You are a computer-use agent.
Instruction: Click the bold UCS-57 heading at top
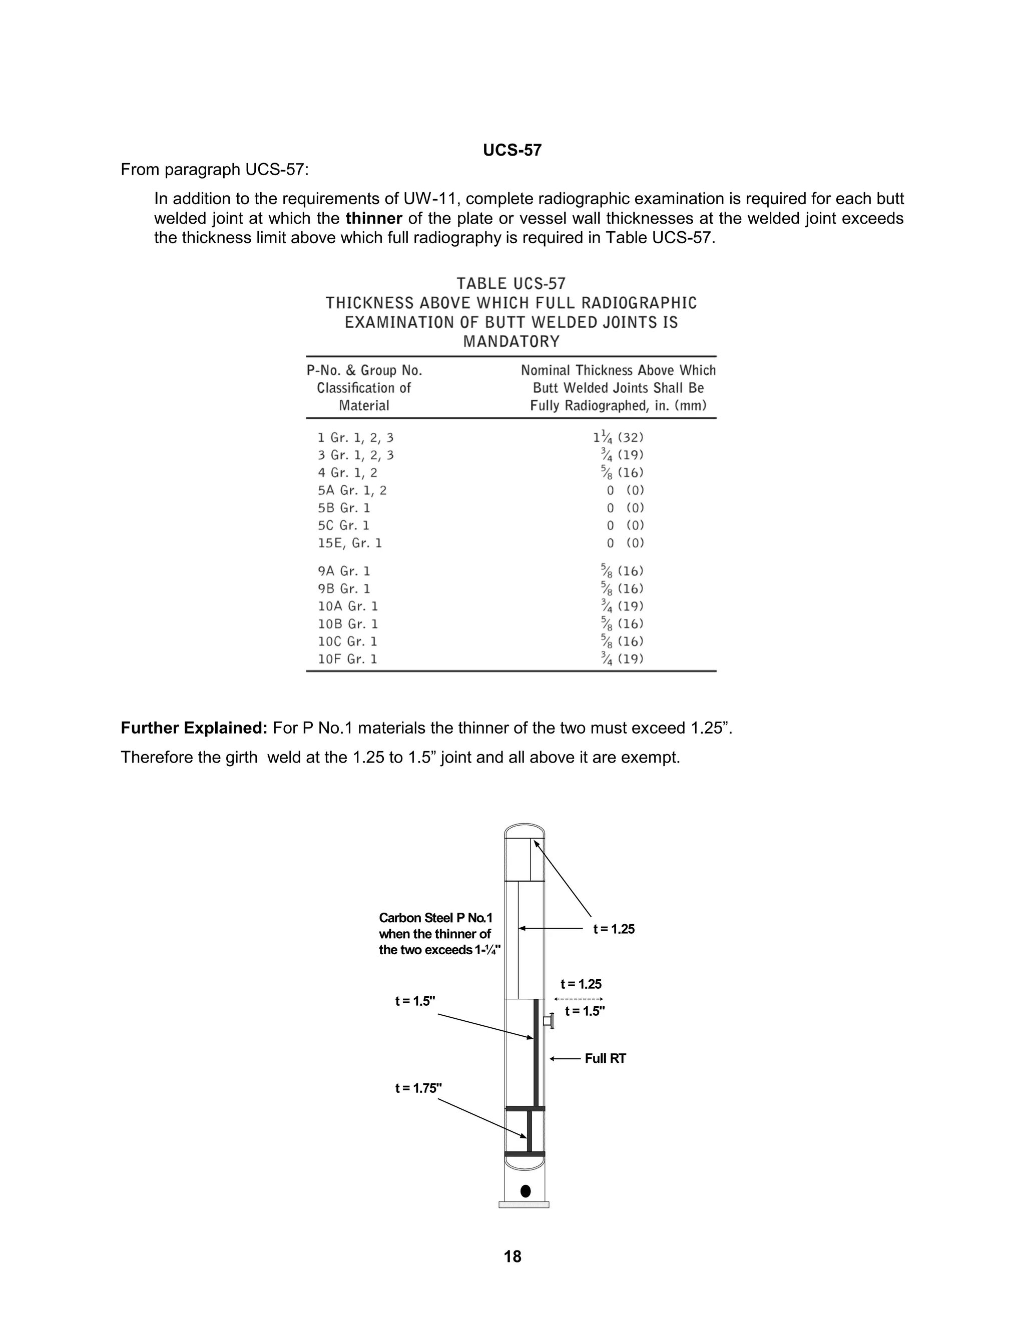pyautogui.click(x=512, y=150)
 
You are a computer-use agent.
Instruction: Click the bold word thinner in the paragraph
pyautogui.click(x=373, y=218)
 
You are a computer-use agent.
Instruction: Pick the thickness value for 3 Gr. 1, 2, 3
pyautogui.click(x=618, y=455)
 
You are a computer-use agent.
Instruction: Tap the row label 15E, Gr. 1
pyautogui.click(x=350, y=543)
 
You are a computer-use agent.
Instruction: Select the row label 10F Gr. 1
pyautogui.click(x=347, y=659)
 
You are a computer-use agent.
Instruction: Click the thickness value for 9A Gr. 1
pyautogui.click(x=618, y=571)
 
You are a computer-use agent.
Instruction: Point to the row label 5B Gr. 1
pyautogui.click(x=344, y=507)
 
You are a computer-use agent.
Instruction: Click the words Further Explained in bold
pyautogui.click(x=194, y=728)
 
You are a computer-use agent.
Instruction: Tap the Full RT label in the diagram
pyautogui.click(x=605, y=1058)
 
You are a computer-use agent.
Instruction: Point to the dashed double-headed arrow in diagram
pyautogui.click(x=578, y=999)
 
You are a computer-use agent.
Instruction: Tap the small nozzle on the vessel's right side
pyautogui.click(x=549, y=1021)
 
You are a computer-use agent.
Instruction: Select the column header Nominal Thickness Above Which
pyautogui.click(x=618, y=370)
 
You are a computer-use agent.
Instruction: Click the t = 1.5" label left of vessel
pyautogui.click(x=415, y=1001)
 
